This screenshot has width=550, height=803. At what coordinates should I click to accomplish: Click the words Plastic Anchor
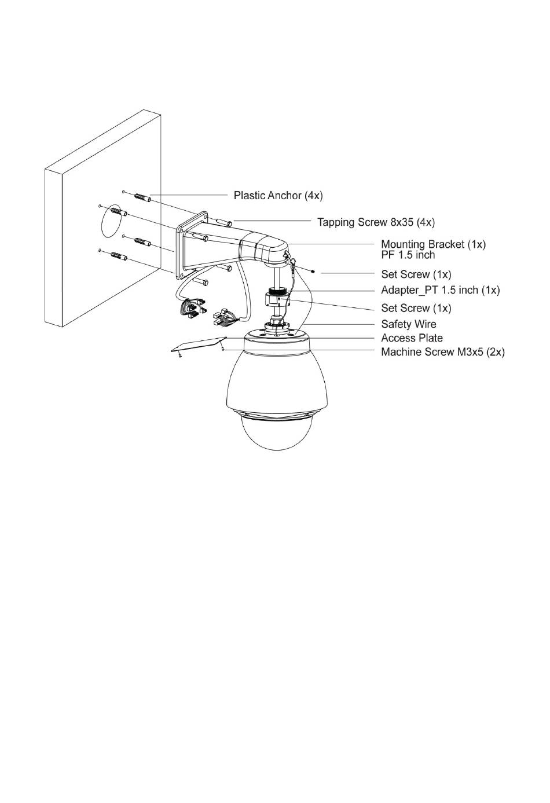[x=267, y=196]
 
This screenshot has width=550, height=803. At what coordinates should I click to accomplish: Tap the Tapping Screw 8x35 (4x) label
[x=376, y=222]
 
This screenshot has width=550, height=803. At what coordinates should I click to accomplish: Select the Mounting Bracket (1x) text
[x=433, y=244]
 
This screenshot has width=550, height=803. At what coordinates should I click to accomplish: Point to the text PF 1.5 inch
[x=408, y=255]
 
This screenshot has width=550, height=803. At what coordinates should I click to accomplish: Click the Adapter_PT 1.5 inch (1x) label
[x=440, y=289]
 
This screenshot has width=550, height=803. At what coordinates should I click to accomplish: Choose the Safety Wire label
[x=409, y=324]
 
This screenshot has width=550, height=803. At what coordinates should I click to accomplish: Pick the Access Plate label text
[x=412, y=338]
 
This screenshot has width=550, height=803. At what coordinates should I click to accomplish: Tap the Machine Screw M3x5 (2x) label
[x=443, y=351]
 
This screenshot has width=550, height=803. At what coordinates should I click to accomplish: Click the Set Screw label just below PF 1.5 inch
[x=416, y=274]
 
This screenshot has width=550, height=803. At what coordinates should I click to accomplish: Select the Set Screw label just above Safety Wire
[x=416, y=308]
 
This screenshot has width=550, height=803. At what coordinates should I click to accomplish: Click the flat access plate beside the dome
[x=199, y=344]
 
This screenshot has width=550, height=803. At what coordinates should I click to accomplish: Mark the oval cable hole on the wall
[x=112, y=221]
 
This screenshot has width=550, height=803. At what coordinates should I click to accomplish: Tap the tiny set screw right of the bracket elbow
[x=314, y=272]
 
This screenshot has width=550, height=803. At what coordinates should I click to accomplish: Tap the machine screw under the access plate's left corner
[x=179, y=355]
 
